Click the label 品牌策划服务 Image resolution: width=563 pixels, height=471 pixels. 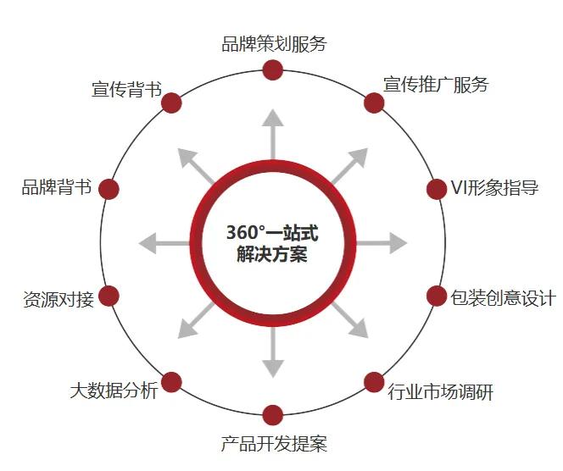(274, 44)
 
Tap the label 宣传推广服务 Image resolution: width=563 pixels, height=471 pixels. (436, 85)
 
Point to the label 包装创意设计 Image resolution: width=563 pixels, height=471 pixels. (503, 297)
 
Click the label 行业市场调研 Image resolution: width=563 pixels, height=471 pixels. (440, 391)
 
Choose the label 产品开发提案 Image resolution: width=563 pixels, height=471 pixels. (274, 443)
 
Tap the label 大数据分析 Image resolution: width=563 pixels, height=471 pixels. (114, 391)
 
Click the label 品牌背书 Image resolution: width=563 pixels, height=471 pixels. (56, 188)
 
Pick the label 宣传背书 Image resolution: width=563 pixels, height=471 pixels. (126, 89)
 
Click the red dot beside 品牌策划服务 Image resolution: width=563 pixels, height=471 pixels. (273, 69)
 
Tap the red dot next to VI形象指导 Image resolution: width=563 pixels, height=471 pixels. (437, 188)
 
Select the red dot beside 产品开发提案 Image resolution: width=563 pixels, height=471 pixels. (273, 415)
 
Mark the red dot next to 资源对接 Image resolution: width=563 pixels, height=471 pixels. (109, 296)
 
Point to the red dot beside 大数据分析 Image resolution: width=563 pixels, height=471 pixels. (172, 382)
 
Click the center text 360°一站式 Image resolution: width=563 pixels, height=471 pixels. (272, 232)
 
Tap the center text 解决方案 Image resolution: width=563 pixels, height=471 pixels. (272, 254)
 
